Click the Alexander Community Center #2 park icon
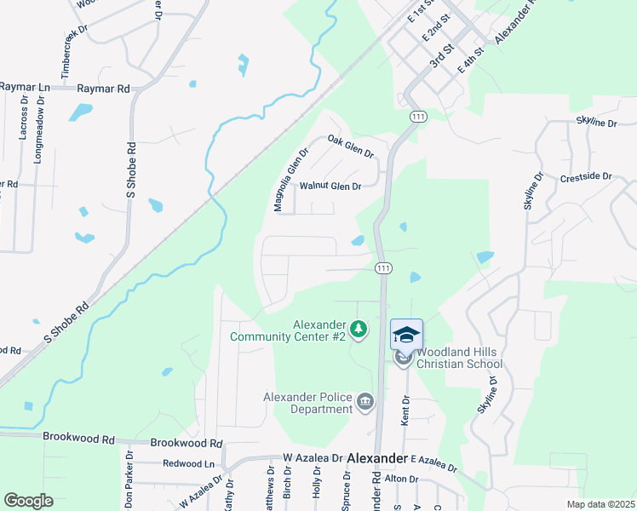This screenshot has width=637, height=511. coord(359,329)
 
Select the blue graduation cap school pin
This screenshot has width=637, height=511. coord(406,335)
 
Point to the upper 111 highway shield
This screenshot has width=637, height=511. coord(417,116)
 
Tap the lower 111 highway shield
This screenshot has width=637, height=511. coord(383,267)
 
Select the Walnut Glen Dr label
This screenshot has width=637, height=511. coord(330,187)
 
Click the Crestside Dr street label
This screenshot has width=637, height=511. coord(586,177)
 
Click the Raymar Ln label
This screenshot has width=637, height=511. coord(25,87)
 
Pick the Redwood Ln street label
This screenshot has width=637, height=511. coord(188,463)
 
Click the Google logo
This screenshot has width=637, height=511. coord(28,501)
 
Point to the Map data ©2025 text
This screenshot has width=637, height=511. coord(600,504)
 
